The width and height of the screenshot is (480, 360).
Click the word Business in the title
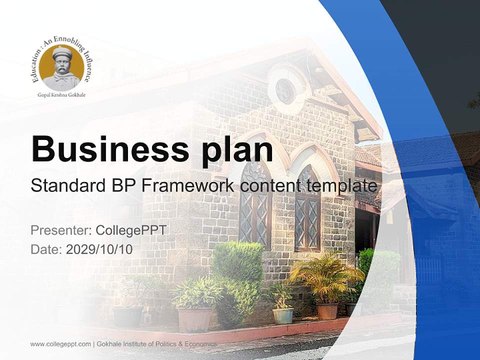[x=110, y=149]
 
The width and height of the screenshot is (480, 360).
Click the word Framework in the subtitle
[x=188, y=185]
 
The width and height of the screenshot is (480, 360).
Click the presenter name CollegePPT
[x=131, y=230]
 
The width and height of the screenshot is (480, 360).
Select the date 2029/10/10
[x=99, y=249]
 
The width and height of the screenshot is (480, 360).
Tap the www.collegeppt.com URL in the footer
[x=60, y=344]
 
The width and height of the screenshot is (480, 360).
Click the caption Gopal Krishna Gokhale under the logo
[x=61, y=95]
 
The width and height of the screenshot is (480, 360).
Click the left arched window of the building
[x=255, y=204]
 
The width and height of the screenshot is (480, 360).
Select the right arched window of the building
[x=307, y=208]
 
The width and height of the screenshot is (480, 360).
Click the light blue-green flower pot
[x=283, y=316]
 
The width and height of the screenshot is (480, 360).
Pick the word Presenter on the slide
[x=60, y=230]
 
